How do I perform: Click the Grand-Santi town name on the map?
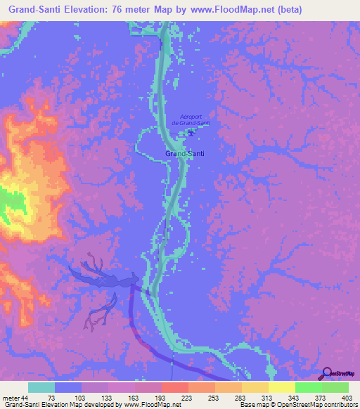(x=184, y=152)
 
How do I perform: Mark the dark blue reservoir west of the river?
(x=105, y=278)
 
